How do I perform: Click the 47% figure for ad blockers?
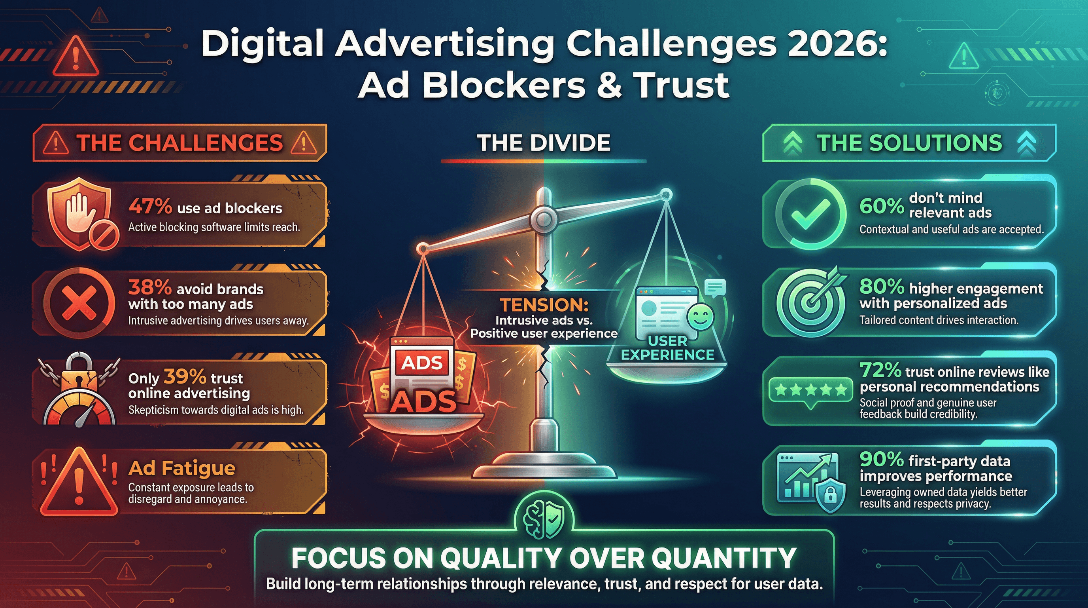[x=150, y=207]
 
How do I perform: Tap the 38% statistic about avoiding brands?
[x=150, y=287]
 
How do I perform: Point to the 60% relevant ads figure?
[x=882, y=206]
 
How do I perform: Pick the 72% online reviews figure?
[x=880, y=370]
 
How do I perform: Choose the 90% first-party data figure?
[x=882, y=459]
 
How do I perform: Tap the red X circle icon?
[x=79, y=303]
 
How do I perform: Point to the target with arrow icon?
[x=811, y=302]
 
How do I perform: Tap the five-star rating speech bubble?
[x=810, y=390]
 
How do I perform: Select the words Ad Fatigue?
[x=181, y=468]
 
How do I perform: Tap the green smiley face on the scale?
[x=700, y=317]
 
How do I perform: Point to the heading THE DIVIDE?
[x=544, y=143]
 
